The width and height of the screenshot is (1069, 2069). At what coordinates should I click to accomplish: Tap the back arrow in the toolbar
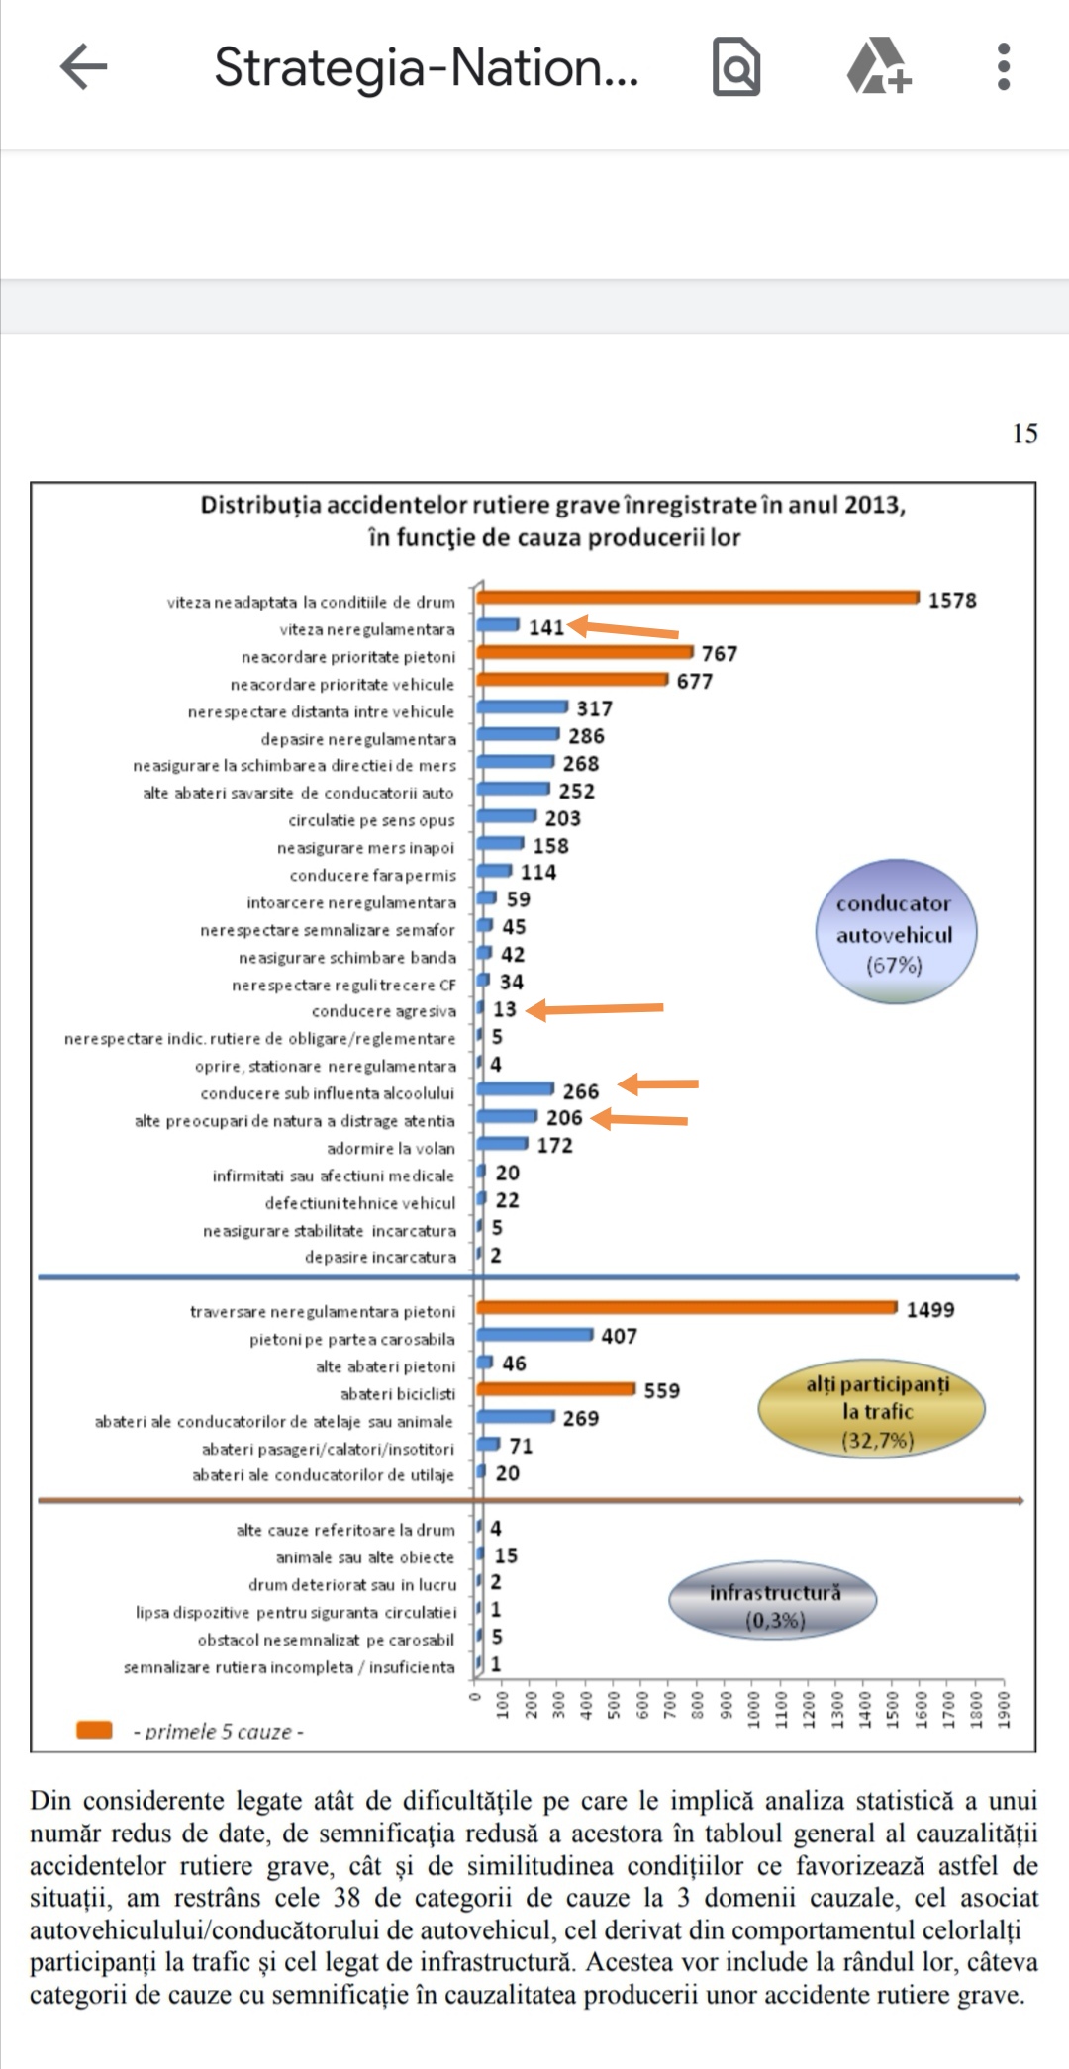tap(83, 67)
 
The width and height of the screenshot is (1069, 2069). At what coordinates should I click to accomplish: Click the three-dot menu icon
tap(1004, 67)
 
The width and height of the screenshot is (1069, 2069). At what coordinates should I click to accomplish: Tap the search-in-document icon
tap(736, 67)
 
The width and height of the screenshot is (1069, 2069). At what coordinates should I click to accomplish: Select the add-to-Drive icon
tap(878, 66)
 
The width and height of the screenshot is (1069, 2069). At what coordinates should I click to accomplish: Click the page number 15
tap(1024, 433)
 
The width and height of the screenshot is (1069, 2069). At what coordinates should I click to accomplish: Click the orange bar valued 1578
tap(698, 597)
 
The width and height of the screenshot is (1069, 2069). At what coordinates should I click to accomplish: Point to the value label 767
tap(720, 654)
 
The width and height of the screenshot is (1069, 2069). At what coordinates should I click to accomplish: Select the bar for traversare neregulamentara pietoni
tap(687, 1308)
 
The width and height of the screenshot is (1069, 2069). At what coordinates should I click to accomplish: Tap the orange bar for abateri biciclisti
tap(555, 1389)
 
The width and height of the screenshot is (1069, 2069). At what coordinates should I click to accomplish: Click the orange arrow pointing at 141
tap(624, 628)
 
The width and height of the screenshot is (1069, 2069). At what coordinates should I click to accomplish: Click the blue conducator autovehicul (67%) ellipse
tap(895, 932)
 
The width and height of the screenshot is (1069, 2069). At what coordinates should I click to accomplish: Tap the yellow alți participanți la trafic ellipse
tap(872, 1411)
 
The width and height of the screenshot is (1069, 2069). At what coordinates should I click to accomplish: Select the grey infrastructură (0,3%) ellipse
tap(773, 1603)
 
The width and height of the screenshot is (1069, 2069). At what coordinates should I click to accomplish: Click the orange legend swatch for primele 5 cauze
tap(94, 1730)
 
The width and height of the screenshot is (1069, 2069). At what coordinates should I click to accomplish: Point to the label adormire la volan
tap(391, 1148)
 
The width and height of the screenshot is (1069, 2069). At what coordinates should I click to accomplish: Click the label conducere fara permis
tap(373, 875)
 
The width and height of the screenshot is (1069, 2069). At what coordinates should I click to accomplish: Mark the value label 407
tap(620, 1336)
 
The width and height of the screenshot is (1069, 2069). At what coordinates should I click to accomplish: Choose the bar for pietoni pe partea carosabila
tap(534, 1335)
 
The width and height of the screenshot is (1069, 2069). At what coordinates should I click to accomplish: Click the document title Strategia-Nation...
tap(426, 67)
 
